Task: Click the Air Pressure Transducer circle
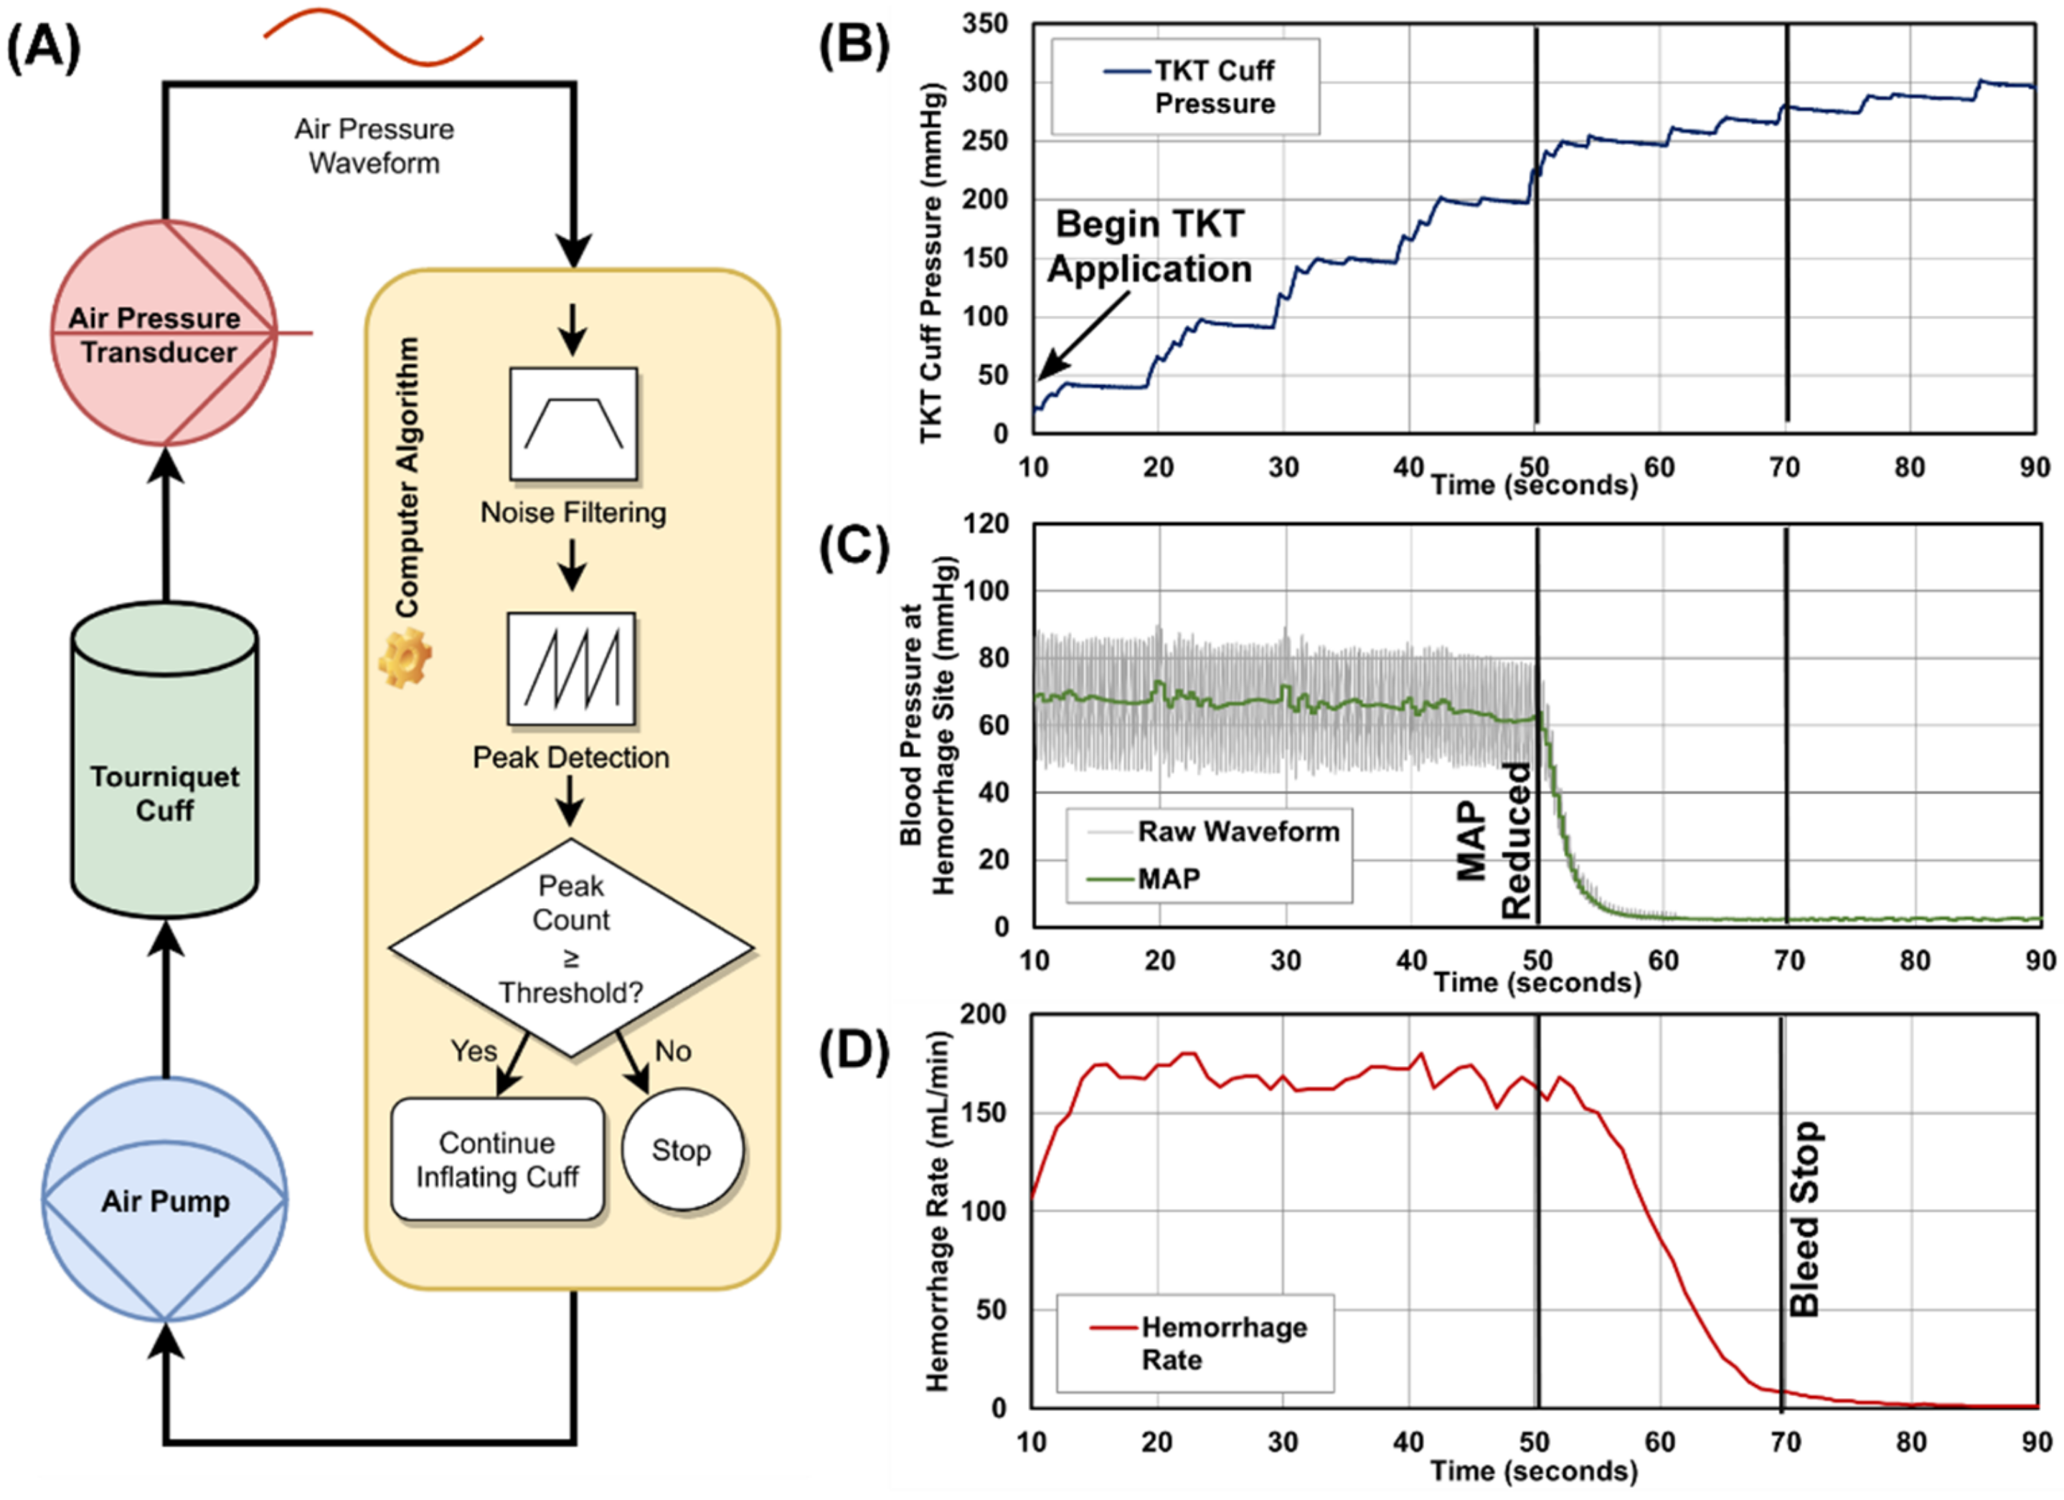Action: (164, 333)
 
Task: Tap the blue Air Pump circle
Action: (165, 1199)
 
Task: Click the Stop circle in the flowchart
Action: (682, 1150)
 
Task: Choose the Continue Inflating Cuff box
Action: (497, 1159)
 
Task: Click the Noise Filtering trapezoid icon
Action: (573, 423)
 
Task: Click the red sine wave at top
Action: (373, 37)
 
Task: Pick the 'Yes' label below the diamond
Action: (473, 1051)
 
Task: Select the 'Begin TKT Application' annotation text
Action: (1149, 247)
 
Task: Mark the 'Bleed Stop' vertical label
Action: (1804, 1220)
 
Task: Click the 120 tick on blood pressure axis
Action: (987, 524)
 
